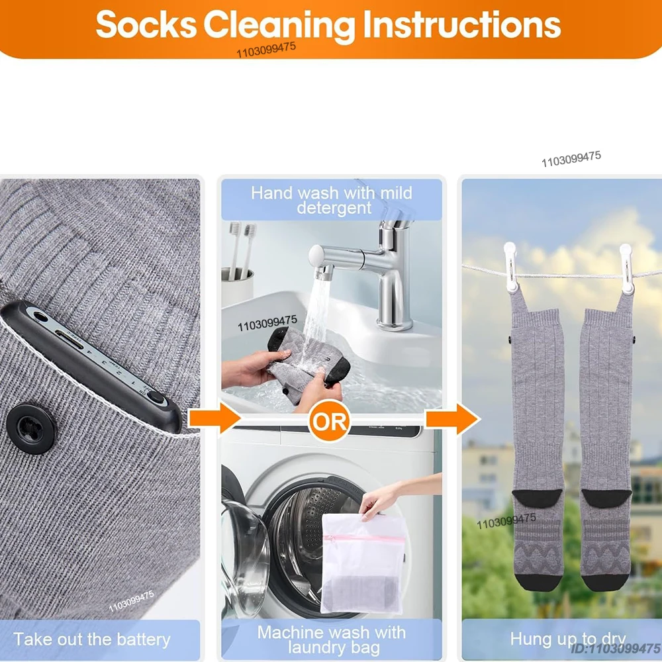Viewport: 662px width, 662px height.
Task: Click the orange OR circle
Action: point(329,422)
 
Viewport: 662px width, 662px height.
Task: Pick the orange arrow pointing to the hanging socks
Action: point(452,418)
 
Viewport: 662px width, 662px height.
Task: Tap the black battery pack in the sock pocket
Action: point(93,361)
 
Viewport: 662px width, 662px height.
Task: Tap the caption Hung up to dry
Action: point(567,639)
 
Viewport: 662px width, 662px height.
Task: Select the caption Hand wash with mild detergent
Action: point(332,200)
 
